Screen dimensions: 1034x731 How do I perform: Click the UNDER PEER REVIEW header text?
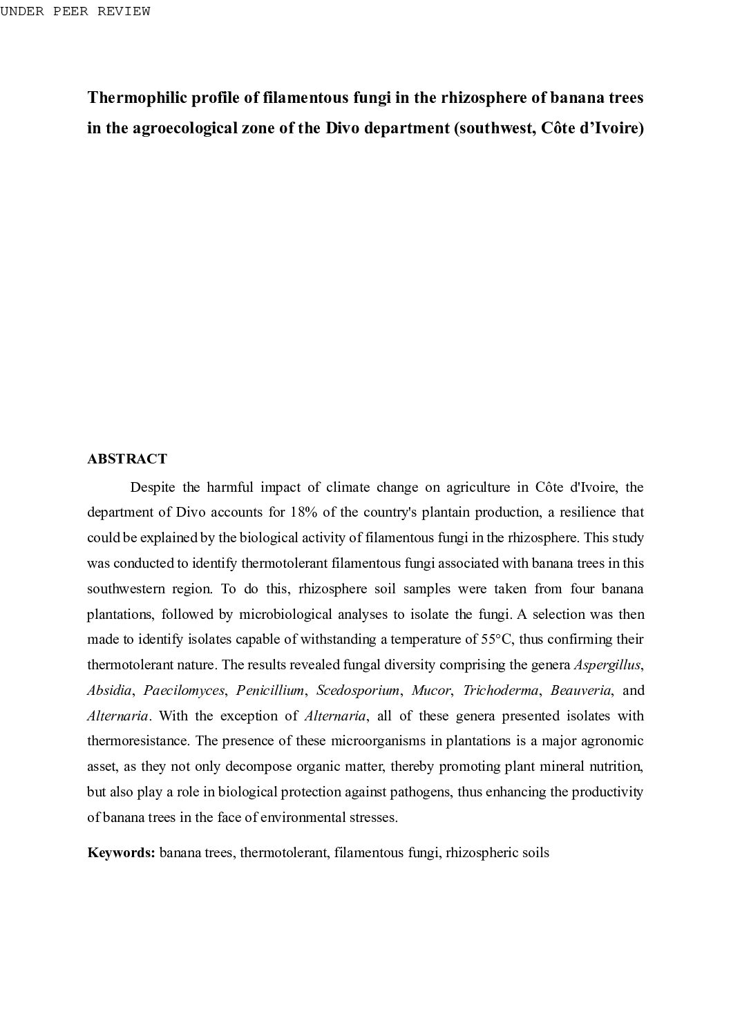point(75,12)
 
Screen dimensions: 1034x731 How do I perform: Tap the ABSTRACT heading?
point(127,459)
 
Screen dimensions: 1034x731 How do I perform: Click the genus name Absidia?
point(108,690)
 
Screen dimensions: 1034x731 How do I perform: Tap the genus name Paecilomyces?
point(184,690)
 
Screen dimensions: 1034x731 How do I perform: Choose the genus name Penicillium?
point(269,690)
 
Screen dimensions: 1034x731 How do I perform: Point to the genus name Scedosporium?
point(357,690)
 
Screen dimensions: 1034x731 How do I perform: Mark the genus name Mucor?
point(430,690)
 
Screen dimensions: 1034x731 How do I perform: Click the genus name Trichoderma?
point(500,690)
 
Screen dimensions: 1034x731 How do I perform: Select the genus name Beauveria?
point(580,690)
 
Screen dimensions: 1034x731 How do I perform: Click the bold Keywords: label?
point(121,852)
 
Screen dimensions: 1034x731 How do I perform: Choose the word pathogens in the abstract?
point(420,792)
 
